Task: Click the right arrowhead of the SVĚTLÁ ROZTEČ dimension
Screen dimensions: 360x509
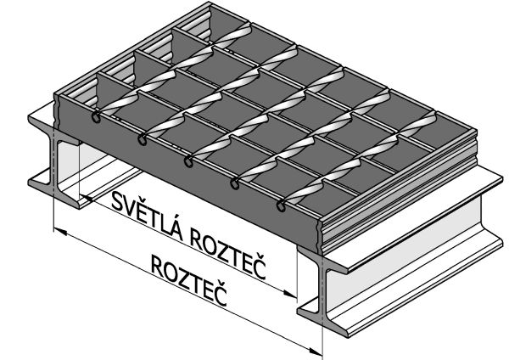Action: pyautogui.click(x=291, y=295)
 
